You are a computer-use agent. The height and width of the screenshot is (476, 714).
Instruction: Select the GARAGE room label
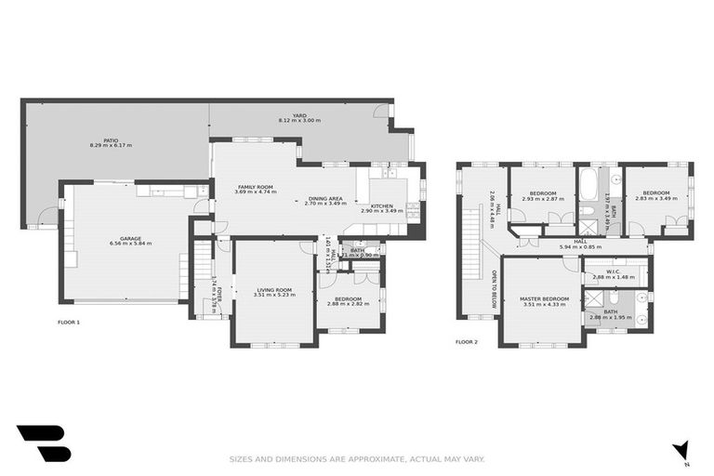tap(130, 238)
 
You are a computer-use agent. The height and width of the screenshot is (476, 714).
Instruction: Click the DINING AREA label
tap(325, 198)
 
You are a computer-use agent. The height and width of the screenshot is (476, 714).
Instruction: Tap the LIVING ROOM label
tap(274, 290)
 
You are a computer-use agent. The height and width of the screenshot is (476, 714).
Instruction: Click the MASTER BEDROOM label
tap(544, 298)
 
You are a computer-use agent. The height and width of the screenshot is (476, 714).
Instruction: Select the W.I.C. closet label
tap(613, 271)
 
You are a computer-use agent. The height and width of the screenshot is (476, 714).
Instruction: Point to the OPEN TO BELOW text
tap(494, 287)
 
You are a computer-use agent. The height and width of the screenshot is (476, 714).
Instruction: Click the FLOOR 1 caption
tap(69, 323)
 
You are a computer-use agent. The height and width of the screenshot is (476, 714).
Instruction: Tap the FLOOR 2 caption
tap(466, 341)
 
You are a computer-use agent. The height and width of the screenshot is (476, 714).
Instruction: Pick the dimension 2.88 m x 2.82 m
tap(348, 303)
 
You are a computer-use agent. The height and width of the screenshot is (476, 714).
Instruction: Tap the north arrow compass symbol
tap(683, 451)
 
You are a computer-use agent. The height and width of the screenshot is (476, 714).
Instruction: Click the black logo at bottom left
tap(43, 443)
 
